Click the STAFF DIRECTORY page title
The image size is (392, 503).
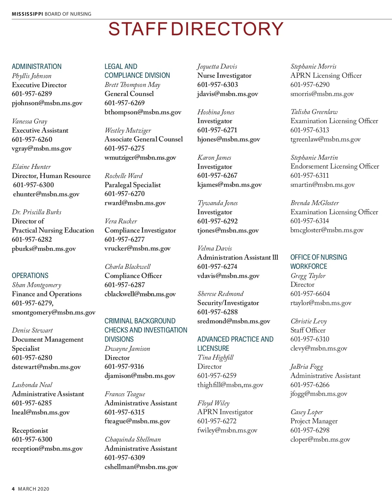point(196,29)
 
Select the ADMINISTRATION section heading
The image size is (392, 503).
point(37,67)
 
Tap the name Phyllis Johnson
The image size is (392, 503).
point(32,76)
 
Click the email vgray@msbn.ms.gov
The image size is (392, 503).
point(41,149)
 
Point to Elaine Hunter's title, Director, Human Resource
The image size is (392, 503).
point(51,176)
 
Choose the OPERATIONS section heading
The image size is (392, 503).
point(30,276)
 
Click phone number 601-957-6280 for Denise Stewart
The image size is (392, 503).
point(32,358)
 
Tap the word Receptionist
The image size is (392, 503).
point(30,430)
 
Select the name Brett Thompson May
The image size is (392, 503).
point(132,85)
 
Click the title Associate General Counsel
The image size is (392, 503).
point(144,139)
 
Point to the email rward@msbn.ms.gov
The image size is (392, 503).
point(135,203)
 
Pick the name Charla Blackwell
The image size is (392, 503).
point(128,267)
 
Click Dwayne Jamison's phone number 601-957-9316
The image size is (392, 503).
point(124,366)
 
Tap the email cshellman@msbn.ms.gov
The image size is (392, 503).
point(141,467)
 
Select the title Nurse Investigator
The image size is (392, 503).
point(224,75)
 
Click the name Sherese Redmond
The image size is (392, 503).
point(220,294)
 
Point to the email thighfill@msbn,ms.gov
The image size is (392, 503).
point(230,385)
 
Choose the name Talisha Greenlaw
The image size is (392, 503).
point(314,112)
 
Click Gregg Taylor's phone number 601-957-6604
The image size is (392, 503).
point(310,294)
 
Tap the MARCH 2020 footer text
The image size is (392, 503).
point(34,489)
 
